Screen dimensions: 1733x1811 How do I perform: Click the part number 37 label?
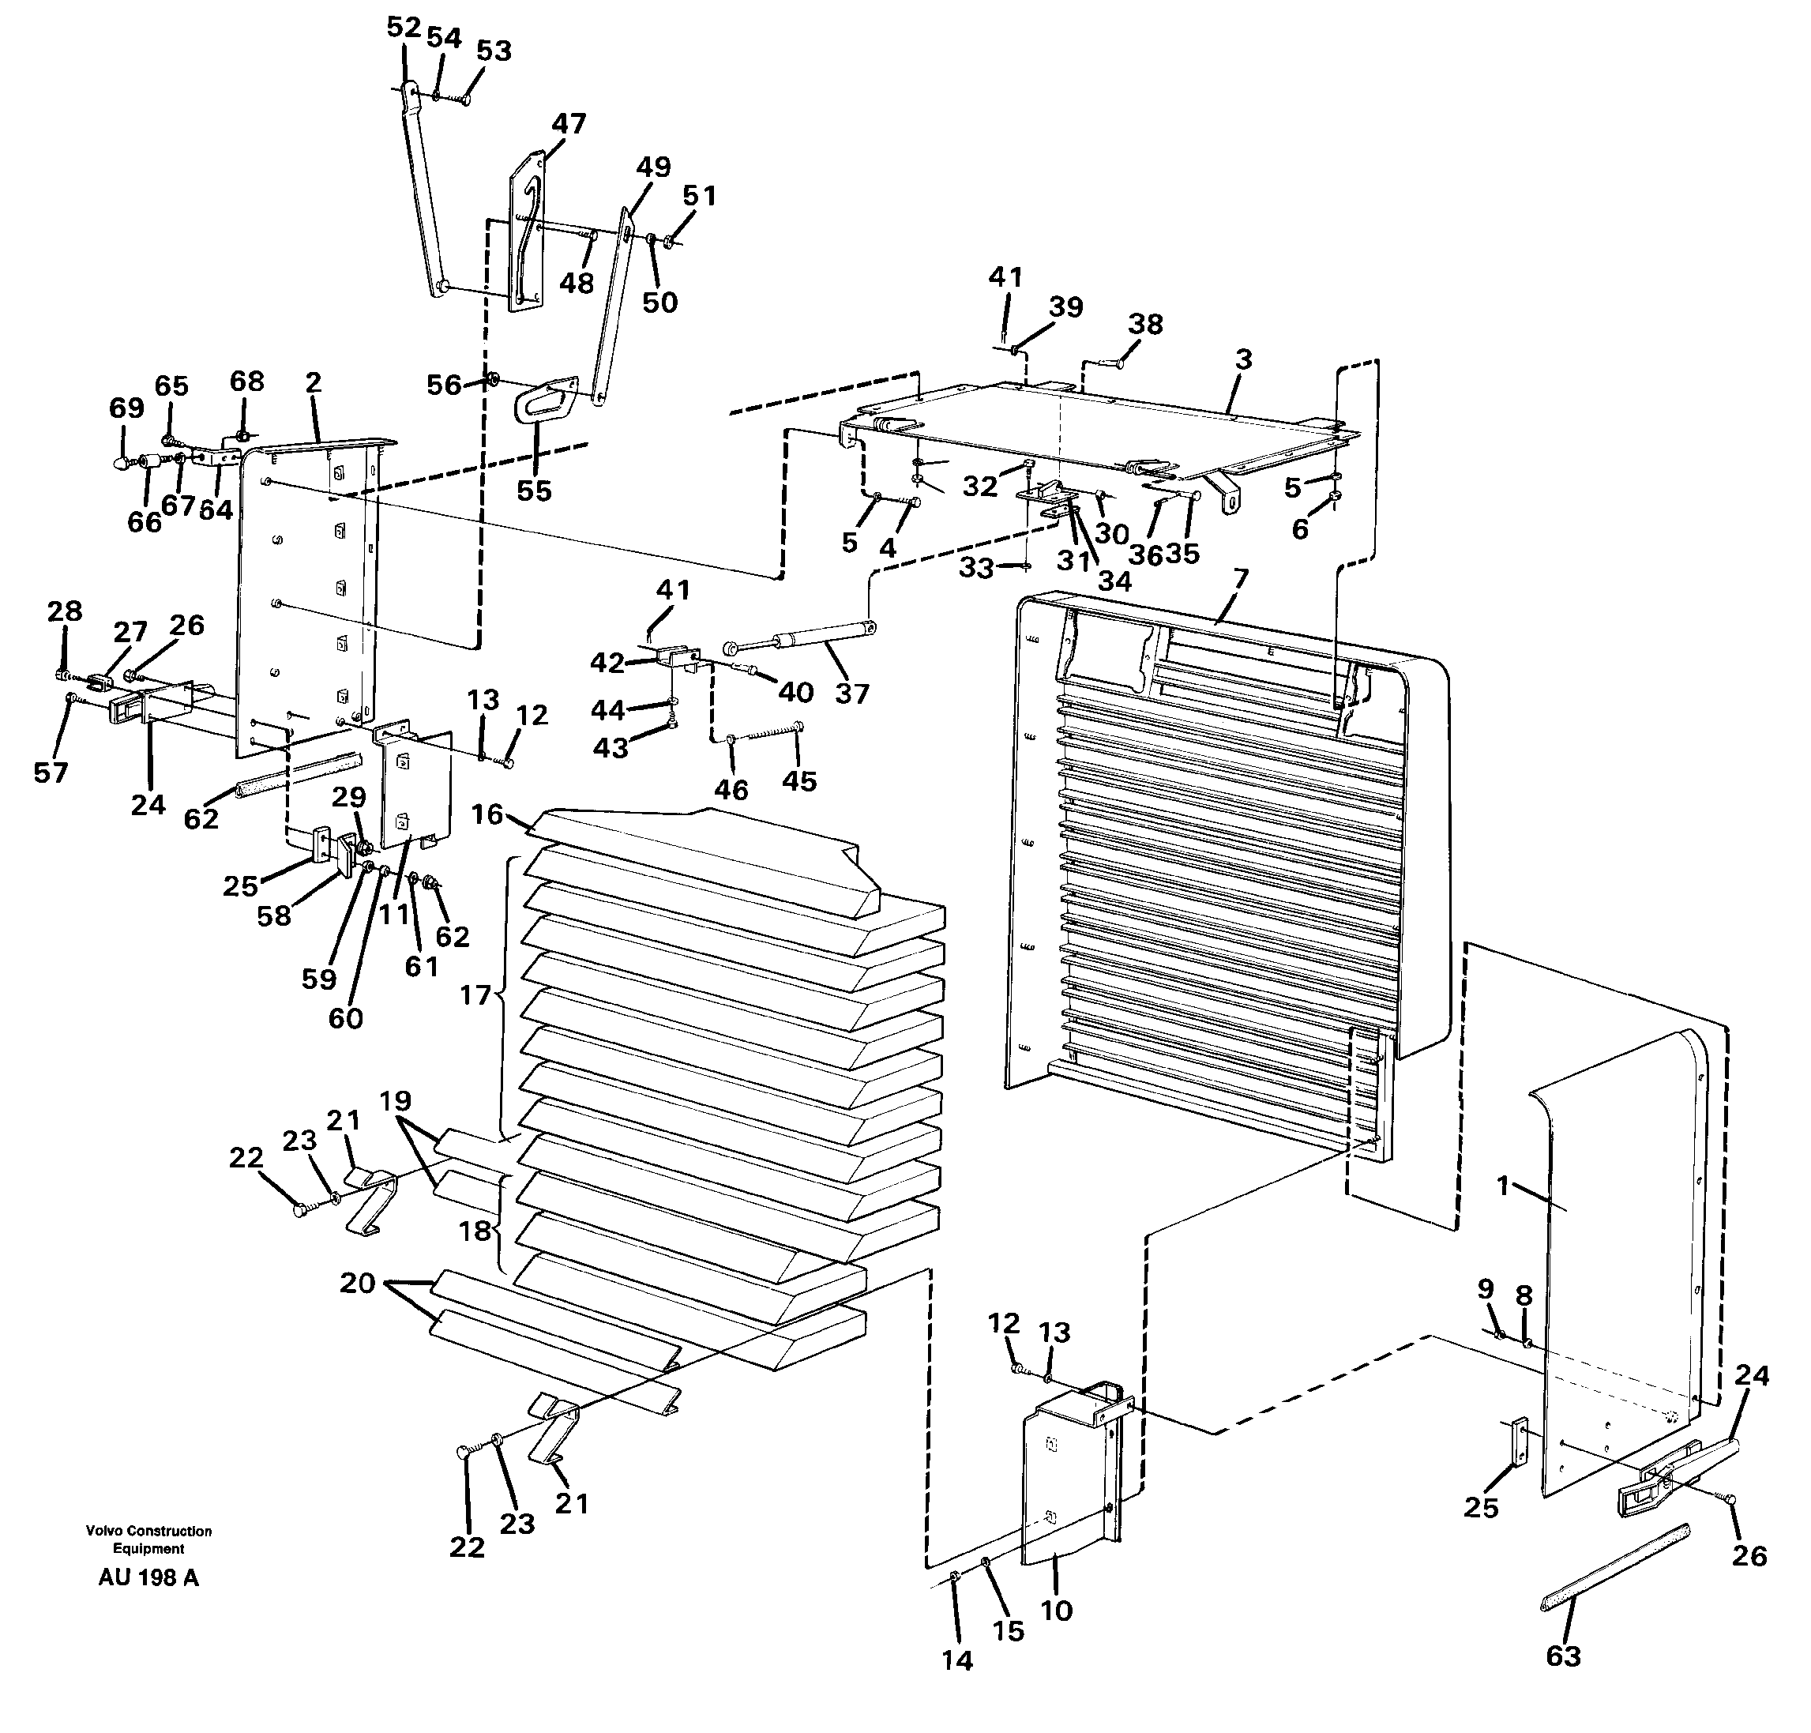[851, 693]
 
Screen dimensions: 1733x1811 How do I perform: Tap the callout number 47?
[569, 124]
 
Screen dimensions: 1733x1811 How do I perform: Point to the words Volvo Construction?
[148, 1531]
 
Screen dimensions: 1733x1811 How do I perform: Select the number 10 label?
[1057, 1610]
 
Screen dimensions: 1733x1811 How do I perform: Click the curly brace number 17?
[475, 996]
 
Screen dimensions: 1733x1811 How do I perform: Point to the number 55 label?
[534, 491]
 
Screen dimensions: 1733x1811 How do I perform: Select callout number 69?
[126, 408]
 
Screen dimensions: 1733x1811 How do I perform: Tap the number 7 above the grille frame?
[1240, 579]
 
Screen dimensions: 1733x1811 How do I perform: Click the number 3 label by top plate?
[1243, 359]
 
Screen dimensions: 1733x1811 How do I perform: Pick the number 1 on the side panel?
[1502, 1185]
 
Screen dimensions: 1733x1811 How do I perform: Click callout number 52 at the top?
[404, 28]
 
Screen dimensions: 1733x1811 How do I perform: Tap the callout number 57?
[51, 773]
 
